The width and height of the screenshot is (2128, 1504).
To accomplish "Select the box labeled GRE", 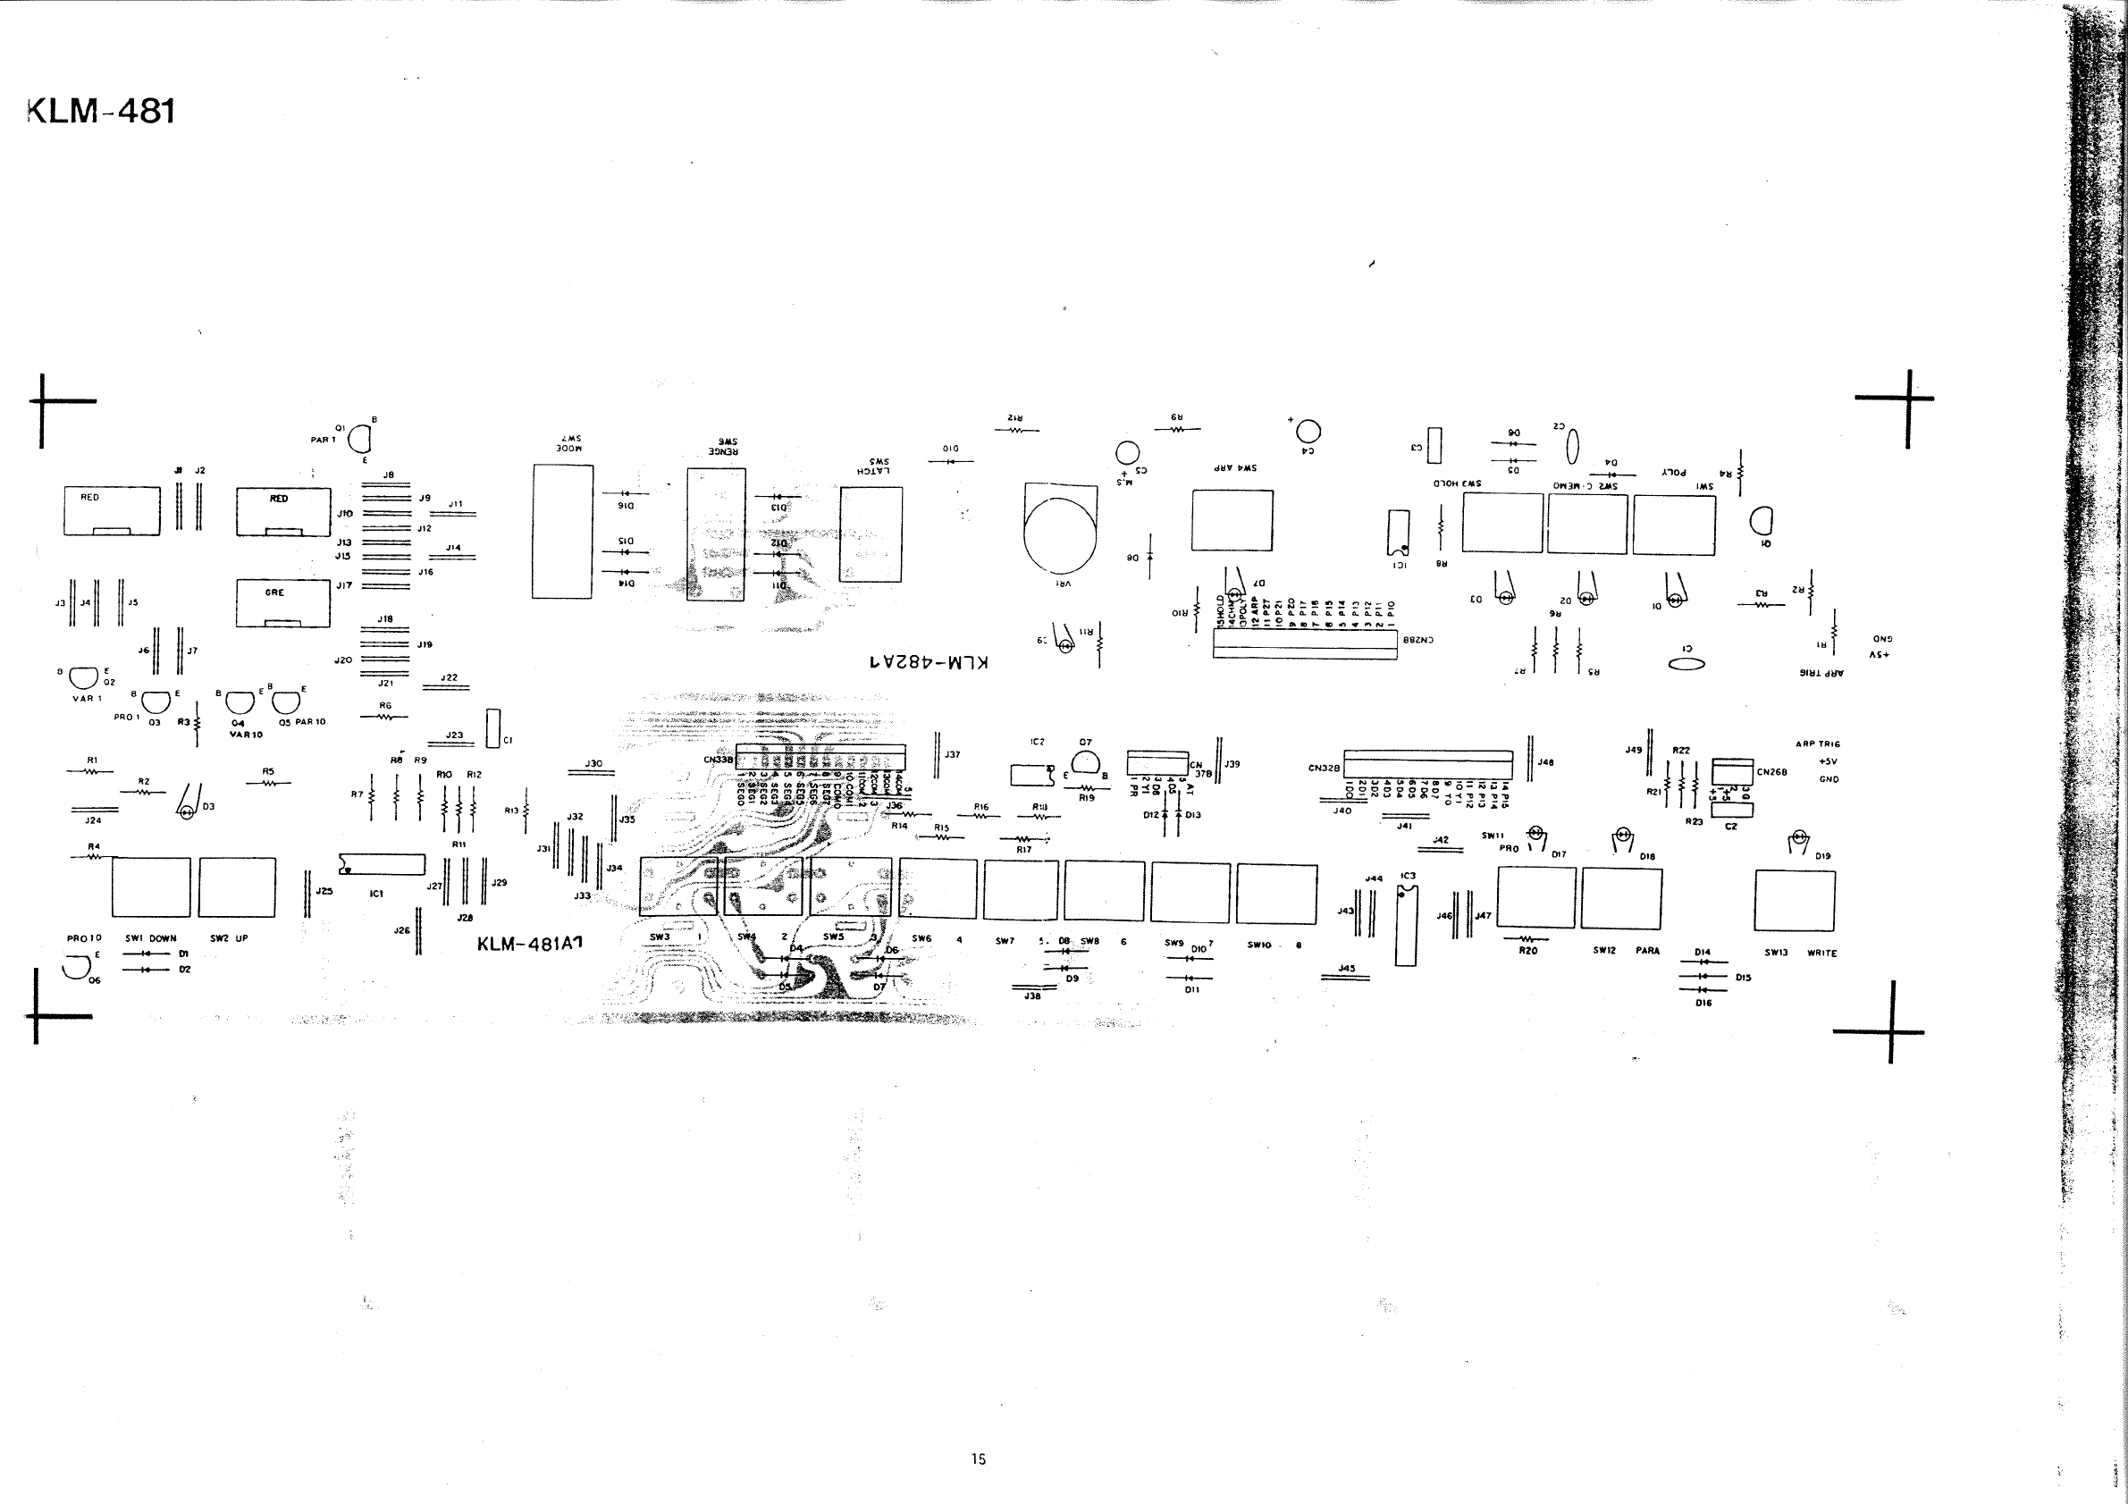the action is click(282, 602).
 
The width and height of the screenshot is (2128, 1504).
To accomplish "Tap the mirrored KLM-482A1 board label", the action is click(929, 662).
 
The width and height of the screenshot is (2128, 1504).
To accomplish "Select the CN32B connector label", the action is click(1324, 769).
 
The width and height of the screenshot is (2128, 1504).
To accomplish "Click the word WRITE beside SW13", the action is click(1821, 953).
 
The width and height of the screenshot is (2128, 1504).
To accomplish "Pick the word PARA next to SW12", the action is click(1647, 951).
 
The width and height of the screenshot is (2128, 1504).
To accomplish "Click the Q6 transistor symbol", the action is click(73, 969).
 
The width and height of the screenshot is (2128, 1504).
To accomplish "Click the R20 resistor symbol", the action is click(1527, 937).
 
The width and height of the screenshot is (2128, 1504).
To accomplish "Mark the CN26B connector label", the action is click(1771, 772).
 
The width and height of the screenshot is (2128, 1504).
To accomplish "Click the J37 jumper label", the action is click(952, 755).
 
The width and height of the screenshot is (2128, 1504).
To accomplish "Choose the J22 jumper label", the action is click(449, 677).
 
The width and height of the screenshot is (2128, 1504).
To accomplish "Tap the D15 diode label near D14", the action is click(1743, 977).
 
